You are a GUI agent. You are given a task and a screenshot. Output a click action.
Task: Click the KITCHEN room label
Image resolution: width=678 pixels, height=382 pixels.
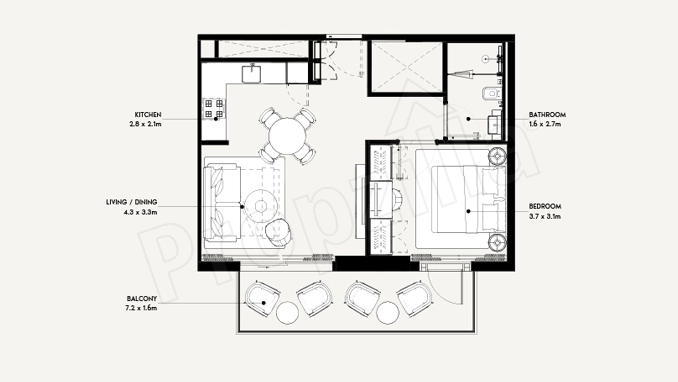point(148,115)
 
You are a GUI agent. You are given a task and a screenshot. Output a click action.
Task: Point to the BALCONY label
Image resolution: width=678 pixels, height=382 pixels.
point(142,299)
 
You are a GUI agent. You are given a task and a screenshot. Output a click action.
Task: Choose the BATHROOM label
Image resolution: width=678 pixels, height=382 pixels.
point(547,115)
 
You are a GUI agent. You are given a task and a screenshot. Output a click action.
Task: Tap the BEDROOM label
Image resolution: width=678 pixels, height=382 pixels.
point(545,206)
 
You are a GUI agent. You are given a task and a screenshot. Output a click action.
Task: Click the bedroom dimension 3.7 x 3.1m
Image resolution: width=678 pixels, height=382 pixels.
point(545,216)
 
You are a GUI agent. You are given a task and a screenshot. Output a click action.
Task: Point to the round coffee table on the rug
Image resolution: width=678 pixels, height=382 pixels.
point(261,206)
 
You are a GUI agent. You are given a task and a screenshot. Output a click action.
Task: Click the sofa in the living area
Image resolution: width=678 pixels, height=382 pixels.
point(222,203)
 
